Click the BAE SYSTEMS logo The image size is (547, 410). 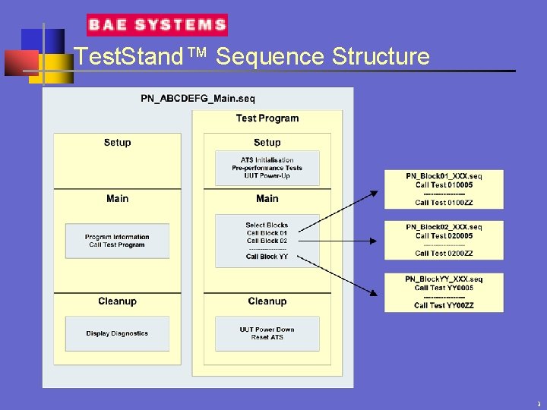157,25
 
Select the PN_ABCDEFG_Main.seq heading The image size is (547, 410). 198,99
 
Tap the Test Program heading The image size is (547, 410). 267,118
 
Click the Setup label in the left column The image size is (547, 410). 117,143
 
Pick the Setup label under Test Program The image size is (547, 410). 267,143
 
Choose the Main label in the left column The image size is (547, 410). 117,199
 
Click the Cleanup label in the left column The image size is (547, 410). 117,301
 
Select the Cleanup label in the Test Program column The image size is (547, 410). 267,301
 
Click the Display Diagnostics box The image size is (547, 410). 117,333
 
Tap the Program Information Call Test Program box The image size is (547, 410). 117,241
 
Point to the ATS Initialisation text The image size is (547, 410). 267,160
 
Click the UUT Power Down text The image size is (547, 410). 267,330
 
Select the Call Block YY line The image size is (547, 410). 267,257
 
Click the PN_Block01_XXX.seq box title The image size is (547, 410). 444,176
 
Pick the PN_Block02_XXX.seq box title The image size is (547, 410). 444,227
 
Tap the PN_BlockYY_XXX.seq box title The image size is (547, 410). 444,279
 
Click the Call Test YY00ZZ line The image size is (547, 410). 444,305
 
